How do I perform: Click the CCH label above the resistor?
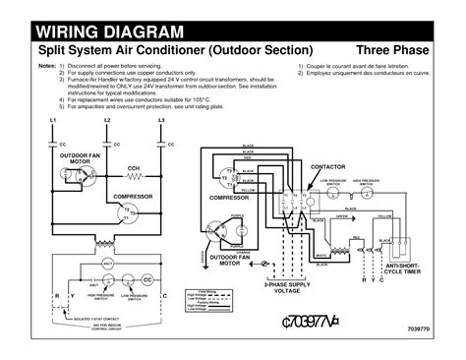[105, 167]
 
